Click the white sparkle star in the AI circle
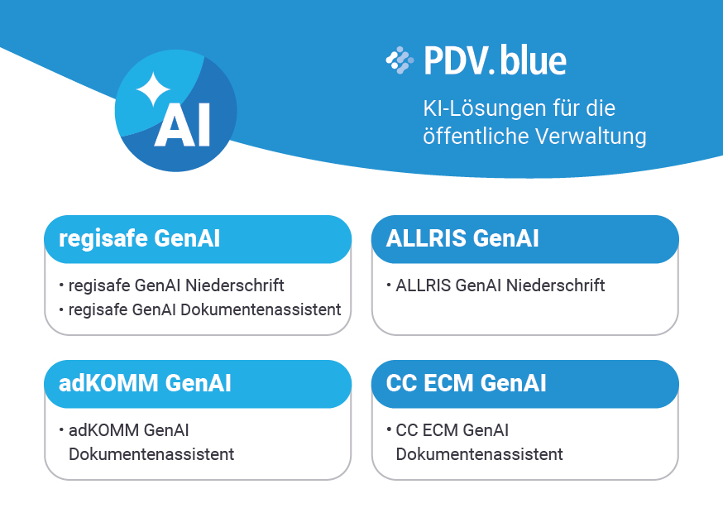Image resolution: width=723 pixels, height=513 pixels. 154,89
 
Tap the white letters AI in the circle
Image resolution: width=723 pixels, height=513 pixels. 182,124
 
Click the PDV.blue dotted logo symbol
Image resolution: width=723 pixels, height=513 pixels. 400,60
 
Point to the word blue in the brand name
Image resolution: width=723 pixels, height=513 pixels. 533,60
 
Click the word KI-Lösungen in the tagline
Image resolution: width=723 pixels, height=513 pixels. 484,108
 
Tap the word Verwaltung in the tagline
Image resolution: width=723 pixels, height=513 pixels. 591,136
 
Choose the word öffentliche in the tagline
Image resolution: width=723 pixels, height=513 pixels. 476,136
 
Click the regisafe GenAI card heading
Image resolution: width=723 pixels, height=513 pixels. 139,238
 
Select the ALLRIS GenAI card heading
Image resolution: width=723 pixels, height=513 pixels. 462,238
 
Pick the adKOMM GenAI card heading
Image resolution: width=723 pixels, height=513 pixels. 145,383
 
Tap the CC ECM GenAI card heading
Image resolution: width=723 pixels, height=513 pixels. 467,383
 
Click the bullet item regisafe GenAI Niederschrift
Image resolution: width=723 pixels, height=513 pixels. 176,285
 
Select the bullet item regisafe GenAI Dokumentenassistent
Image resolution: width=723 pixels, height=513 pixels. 204,309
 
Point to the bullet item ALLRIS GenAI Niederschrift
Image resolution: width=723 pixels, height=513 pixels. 500,285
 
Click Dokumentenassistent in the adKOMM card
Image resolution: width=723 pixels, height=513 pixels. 151,454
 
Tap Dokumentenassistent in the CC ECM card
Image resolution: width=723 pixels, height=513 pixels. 479,454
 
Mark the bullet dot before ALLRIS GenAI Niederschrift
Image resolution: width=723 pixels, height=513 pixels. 389,285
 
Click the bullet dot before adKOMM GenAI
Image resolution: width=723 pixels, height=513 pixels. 61,430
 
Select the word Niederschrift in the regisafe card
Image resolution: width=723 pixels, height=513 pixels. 235,285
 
